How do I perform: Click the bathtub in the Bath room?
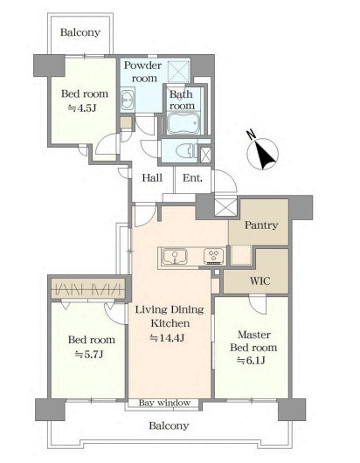pos(184,123)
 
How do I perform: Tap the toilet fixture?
pos(187,151)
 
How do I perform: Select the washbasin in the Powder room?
pos(128,100)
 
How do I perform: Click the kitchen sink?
pos(175,256)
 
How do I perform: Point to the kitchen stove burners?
pos(213,256)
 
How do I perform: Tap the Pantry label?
pos(261,225)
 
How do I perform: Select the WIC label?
pos(260,280)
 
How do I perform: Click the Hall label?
pos(152,178)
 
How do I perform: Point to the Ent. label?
pos(192,178)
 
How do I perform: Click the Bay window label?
pos(164,403)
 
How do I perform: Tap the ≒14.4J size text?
pos(167,337)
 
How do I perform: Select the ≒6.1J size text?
pos(252,360)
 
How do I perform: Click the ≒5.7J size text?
pos(89,354)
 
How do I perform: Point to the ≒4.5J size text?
pos(82,108)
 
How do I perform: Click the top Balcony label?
pos(80,32)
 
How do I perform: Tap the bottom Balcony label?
pos(169,425)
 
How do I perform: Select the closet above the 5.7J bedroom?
pos(88,288)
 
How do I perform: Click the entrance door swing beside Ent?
pos(225,182)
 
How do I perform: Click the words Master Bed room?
pos(253,341)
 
